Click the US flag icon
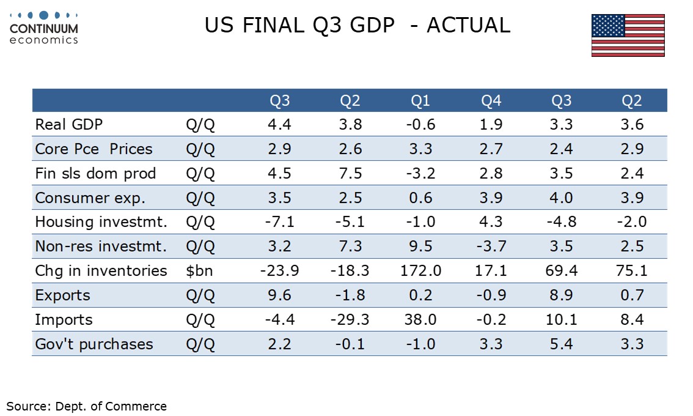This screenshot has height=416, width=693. pyautogui.click(x=628, y=35)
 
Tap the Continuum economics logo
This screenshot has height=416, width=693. pyautogui.click(x=44, y=28)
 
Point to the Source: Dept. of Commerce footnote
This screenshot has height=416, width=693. pyautogui.click(x=86, y=406)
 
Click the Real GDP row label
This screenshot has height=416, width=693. pyautogui.click(x=69, y=125)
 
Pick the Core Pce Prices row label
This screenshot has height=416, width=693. pyautogui.click(x=94, y=149)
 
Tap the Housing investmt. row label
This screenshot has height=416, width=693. pyautogui.click(x=101, y=222)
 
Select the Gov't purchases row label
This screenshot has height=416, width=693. pyautogui.click(x=94, y=344)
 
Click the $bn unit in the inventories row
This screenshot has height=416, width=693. pyautogui.click(x=199, y=271)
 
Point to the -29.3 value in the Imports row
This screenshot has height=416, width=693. pyautogui.click(x=350, y=320)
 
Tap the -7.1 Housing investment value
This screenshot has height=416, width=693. pyautogui.click(x=279, y=222)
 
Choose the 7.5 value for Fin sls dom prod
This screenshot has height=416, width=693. pyautogui.click(x=350, y=174)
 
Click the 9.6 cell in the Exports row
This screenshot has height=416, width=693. pyautogui.click(x=279, y=295)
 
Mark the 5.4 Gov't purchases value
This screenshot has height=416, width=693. pyautogui.click(x=562, y=344)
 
